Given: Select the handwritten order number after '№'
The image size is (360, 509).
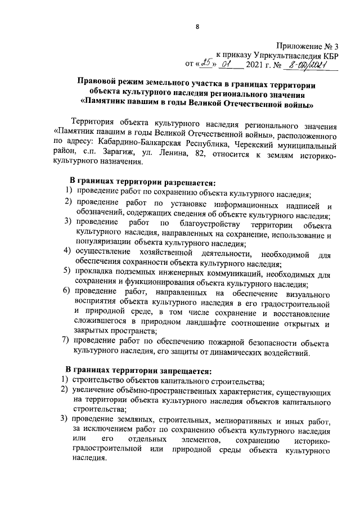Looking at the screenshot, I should point(306,66).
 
